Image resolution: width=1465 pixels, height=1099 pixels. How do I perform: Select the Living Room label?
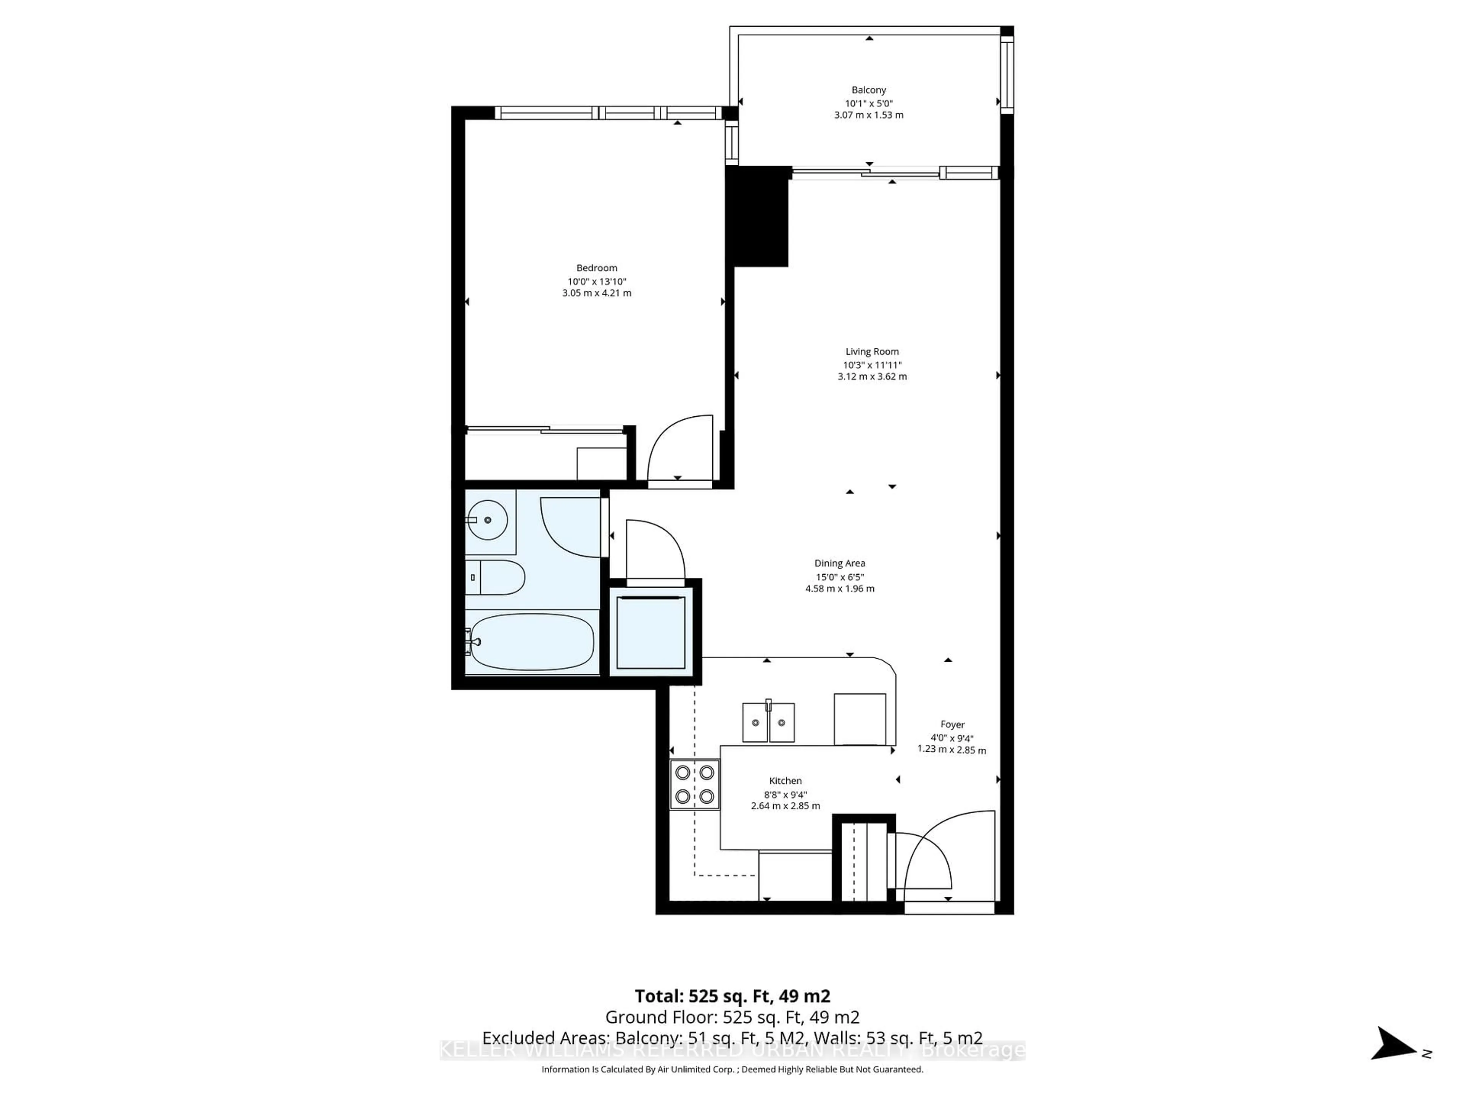click(x=872, y=352)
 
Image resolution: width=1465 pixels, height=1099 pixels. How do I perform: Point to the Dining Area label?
click(x=839, y=563)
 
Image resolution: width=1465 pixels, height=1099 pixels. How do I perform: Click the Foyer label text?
click(x=952, y=724)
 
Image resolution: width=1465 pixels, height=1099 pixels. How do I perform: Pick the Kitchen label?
click(x=785, y=780)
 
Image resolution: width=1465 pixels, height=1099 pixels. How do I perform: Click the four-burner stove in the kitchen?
click(x=694, y=784)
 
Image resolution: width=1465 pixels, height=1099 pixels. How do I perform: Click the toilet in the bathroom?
click(x=497, y=577)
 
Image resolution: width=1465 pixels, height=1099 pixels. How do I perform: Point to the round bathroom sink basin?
click(x=488, y=520)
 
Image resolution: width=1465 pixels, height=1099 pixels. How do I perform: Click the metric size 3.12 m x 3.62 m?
click(x=872, y=376)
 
